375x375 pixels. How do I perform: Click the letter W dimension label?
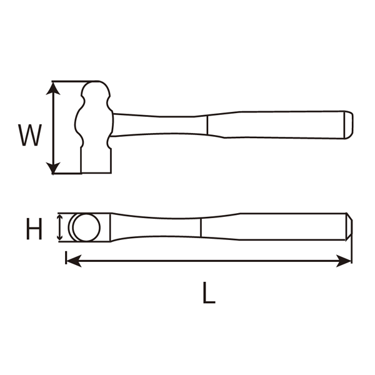29,134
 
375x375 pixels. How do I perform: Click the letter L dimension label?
209,292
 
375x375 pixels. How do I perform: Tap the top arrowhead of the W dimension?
55,87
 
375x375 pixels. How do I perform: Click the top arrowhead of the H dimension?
59,217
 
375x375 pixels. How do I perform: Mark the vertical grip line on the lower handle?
201,227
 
